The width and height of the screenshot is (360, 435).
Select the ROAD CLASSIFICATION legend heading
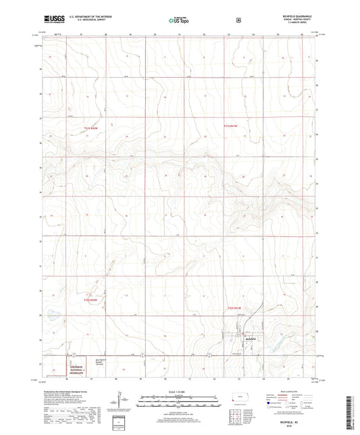(x=297, y=391)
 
